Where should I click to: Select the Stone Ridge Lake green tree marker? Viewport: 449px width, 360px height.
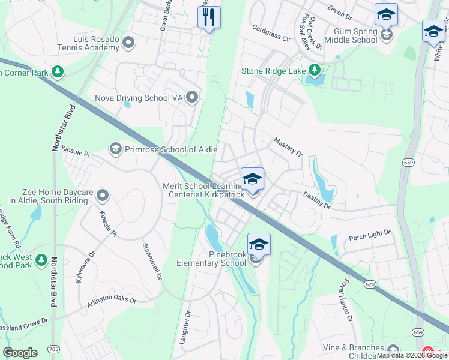(x=313, y=71)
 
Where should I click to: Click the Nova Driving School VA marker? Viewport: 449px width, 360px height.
(x=192, y=97)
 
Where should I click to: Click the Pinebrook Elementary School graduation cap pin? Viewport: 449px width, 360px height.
(x=259, y=244)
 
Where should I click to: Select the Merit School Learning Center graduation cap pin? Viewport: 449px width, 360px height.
(x=252, y=178)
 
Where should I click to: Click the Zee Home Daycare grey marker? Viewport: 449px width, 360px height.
(x=103, y=195)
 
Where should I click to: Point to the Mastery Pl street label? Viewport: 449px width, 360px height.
(x=288, y=147)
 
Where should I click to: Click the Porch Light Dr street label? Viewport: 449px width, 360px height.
(x=370, y=235)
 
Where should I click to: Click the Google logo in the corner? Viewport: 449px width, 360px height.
(x=20, y=353)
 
